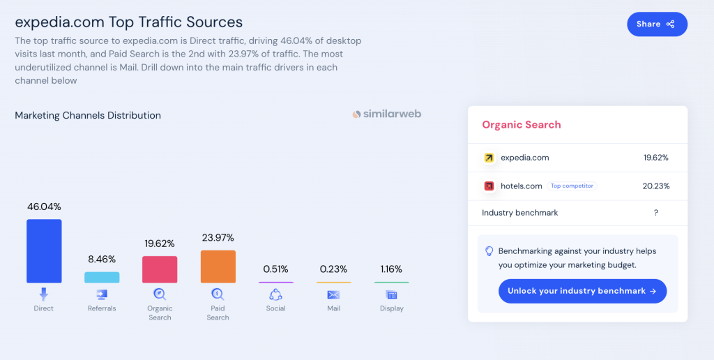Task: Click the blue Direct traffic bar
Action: click(x=44, y=251)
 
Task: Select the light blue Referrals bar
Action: click(x=102, y=277)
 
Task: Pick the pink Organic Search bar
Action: click(x=160, y=269)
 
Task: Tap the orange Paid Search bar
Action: click(x=218, y=267)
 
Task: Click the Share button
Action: click(x=657, y=24)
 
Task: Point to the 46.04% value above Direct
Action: click(x=44, y=207)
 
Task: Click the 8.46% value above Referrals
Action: click(x=102, y=259)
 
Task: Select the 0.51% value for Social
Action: click(x=275, y=269)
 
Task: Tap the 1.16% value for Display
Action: click(x=391, y=269)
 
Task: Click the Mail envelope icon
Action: click(x=333, y=294)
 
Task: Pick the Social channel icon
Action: click(x=275, y=294)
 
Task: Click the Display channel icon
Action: click(x=391, y=294)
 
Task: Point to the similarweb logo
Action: click(x=387, y=114)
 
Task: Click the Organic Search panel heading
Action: click(x=522, y=125)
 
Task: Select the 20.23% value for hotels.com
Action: click(x=655, y=186)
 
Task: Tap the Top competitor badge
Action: click(x=572, y=186)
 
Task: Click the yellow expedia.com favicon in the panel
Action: click(x=489, y=158)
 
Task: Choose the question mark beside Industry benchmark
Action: click(x=655, y=213)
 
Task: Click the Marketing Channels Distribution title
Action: click(x=88, y=116)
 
